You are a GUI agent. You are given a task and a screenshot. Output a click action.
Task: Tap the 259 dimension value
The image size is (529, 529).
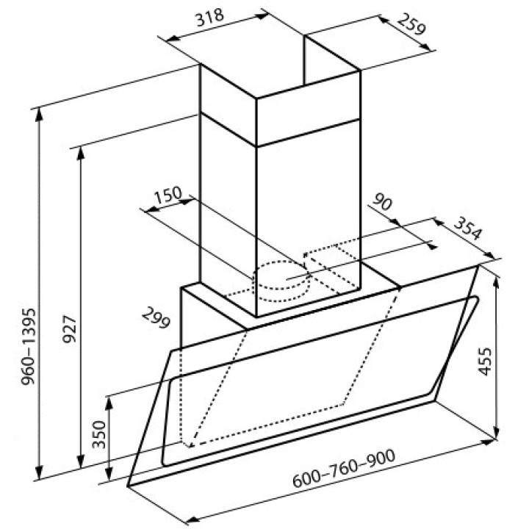[x=411, y=24]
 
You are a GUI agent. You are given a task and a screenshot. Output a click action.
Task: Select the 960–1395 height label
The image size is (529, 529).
[x=29, y=347]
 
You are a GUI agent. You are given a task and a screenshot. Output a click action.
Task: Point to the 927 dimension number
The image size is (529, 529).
[x=70, y=329]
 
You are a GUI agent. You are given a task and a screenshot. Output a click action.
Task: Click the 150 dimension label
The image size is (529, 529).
[x=168, y=195]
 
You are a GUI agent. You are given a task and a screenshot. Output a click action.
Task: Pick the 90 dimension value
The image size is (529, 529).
[x=382, y=202]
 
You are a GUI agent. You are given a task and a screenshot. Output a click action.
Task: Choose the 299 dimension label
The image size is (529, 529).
[x=156, y=318]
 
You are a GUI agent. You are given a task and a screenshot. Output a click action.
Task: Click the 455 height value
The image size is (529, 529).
[x=485, y=361]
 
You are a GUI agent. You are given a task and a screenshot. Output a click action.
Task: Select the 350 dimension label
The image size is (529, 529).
[x=99, y=434]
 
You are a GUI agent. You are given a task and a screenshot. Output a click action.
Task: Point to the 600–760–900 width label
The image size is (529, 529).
[x=343, y=469]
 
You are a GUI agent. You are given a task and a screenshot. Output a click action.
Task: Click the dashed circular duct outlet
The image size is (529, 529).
[x=281, y=281]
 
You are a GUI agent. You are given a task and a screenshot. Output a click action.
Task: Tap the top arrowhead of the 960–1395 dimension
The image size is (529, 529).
[x=40, y=115]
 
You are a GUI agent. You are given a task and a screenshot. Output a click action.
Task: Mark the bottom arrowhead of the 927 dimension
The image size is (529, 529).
[x=81, y=461]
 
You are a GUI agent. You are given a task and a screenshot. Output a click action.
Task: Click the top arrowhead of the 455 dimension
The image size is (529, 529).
[x=496, y=284]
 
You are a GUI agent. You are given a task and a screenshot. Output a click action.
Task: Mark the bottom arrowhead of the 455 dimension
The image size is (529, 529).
[x=496, y=432]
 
